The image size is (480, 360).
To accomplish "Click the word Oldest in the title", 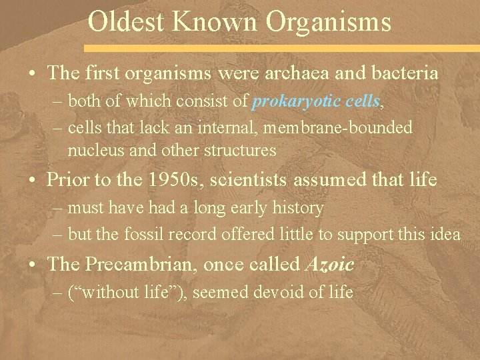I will [125, 21].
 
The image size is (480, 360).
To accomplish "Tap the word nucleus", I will [94, 150].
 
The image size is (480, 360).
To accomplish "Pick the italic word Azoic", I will [329, 264].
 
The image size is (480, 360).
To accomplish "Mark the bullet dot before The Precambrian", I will [33, 265].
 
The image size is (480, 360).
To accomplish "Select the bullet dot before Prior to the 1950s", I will [33, 180].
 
